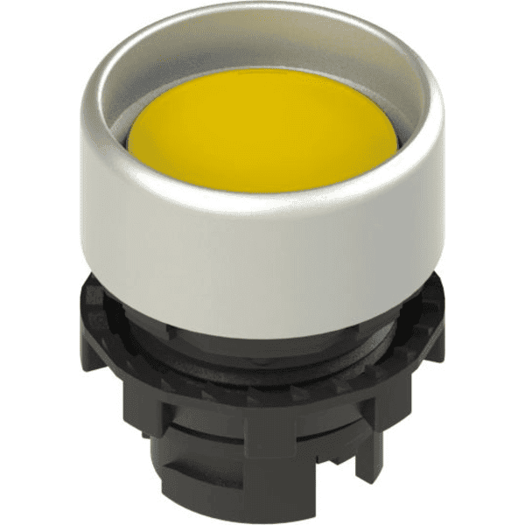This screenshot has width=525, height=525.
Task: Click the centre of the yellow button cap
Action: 262,131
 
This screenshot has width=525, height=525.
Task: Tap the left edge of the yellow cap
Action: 133,131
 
